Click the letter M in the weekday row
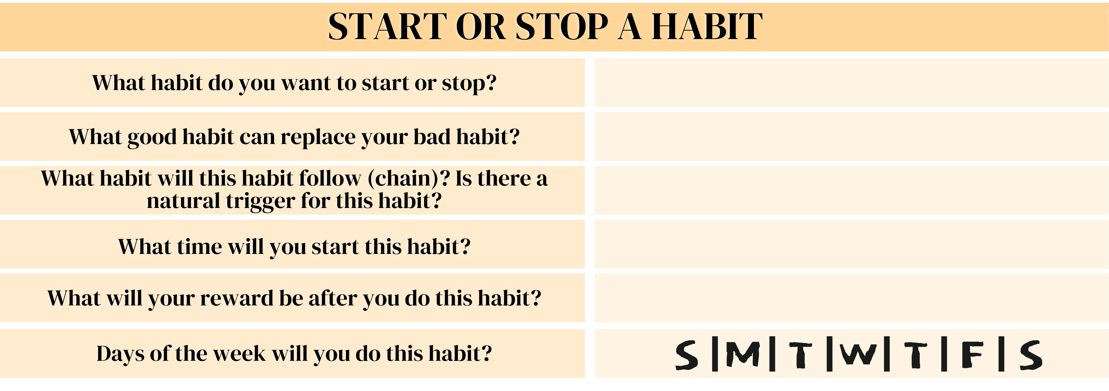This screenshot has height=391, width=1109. coord(743,355)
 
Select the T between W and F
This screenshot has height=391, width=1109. coord(915,355)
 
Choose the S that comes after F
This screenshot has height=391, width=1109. coord(1030,355)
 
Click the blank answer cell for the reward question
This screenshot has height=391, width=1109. coord(850,298)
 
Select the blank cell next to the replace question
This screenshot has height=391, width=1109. coord(850,137)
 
